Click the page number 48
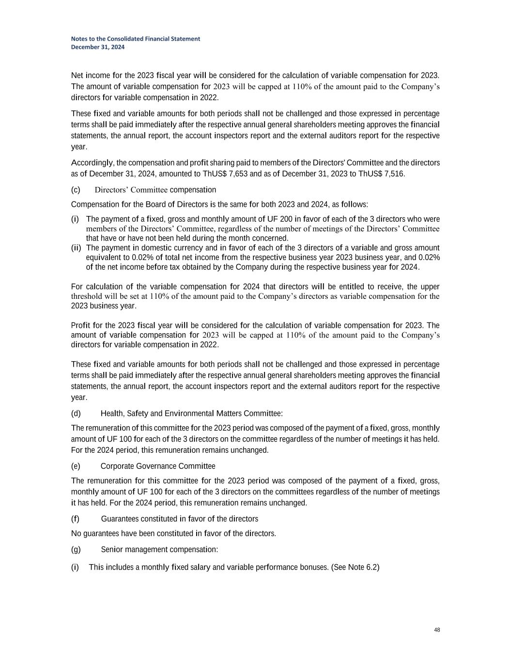click(437, 630)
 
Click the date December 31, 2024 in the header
click(98, 47)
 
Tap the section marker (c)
click(76, 189)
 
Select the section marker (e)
click(76, 466)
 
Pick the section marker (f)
click(75, 519)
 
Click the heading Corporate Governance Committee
click(158, 466)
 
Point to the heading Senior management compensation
click(159, 549)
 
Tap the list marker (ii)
click(76, 248)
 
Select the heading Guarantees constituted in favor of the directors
click(179, 519)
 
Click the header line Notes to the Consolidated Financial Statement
click(136, 39)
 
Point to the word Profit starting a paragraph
click(80, 325)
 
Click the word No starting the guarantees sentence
click(77, 534)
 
